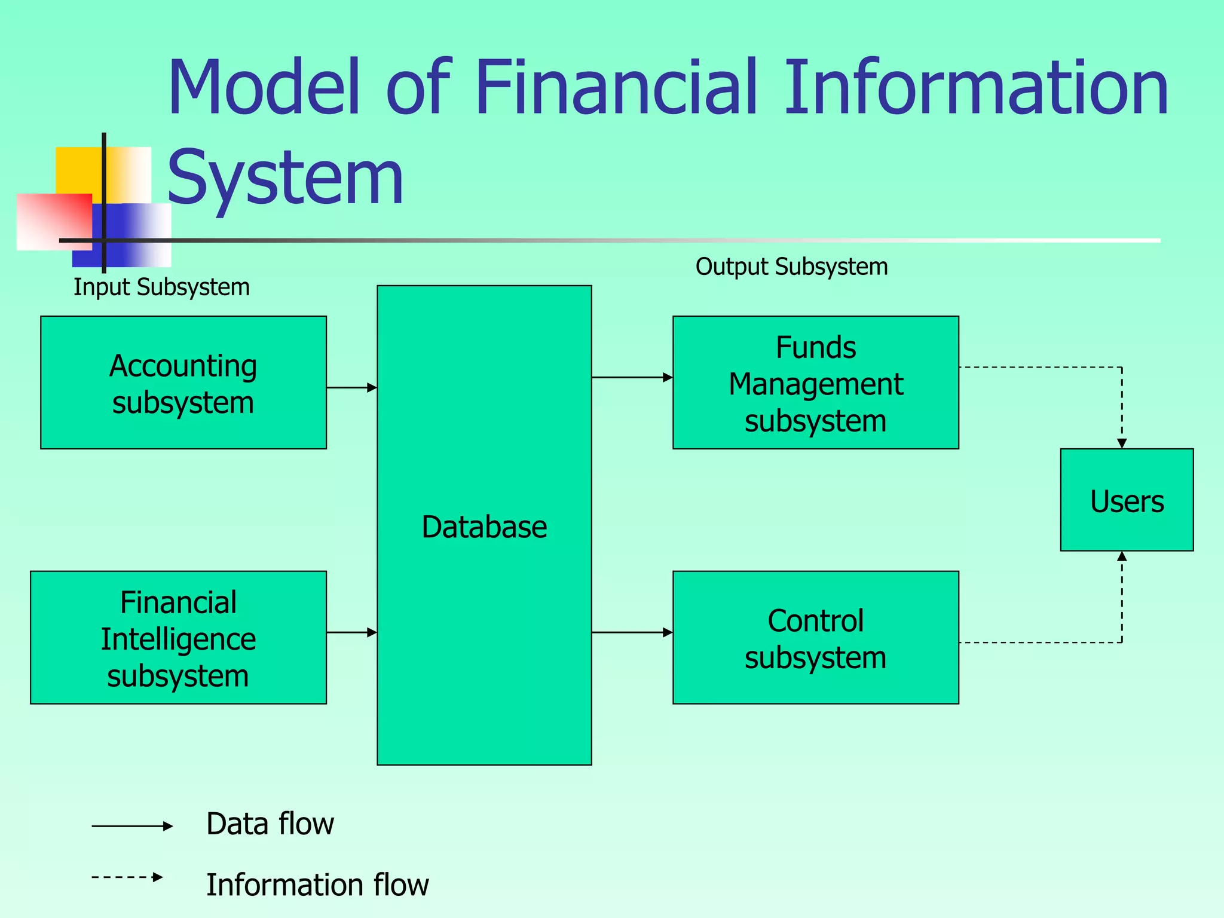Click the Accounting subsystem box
click(x=183, y=382)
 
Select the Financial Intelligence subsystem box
click(x=178, y=638)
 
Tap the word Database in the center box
click(x=484, y=527)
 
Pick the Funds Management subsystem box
click(x=815, y=382)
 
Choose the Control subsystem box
click(x=815, y=638)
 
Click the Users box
click(x=1127, y=500)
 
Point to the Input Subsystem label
click(x=161, y=287)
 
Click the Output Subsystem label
click(x=791, y=266)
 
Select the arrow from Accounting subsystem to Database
click(x=352, y=387)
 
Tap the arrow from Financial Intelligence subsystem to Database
click(x=352, y=632)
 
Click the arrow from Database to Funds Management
click(x=632, y=377)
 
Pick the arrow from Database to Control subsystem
click(x=632, y=632)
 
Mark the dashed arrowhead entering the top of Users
click(x=1122, y=443)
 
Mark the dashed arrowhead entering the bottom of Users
click(x=1122, y=556)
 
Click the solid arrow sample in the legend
click(x=131, y=826)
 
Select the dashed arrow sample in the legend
click(x=127, y=877)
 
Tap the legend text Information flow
click(x=317, y=885)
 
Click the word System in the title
click(x=286, y=177)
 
